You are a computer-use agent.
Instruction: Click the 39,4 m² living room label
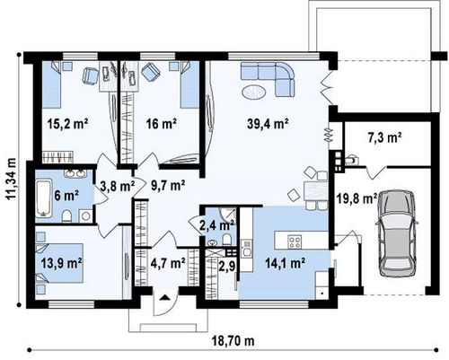268,123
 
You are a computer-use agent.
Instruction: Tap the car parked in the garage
397,233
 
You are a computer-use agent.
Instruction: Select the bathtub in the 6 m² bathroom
43,198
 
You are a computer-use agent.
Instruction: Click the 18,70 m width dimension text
233,340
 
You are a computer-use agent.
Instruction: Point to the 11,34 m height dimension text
12,179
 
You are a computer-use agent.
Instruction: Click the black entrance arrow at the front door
165,297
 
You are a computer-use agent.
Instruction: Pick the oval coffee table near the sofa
253,92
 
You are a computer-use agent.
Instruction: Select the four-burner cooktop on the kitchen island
295,241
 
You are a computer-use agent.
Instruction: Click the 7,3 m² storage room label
384,138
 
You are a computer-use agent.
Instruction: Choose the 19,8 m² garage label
357,198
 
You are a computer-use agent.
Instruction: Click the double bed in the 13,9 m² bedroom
59,263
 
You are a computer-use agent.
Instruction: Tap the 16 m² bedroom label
161,123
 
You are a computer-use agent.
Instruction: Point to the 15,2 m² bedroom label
67,123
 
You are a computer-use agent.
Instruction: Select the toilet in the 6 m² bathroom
67,216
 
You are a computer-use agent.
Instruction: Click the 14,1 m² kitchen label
286,263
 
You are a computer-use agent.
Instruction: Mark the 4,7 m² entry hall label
168,263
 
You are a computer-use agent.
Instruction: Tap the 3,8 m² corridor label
117,187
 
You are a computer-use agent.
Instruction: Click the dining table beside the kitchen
316,191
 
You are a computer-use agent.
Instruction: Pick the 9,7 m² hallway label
168,186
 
